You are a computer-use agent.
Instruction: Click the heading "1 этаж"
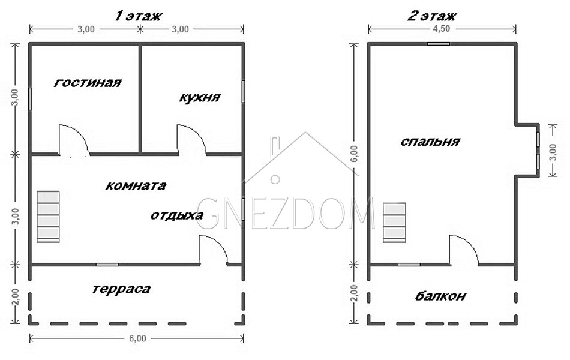(138, 16)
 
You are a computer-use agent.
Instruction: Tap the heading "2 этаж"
(431, 16)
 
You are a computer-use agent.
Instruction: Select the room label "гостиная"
(88, 83)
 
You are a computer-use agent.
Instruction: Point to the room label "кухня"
(200, 98)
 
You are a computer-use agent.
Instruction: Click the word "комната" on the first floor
(136, 186)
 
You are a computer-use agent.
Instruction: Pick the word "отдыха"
(177, 215)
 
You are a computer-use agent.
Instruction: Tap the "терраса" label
(121, 289)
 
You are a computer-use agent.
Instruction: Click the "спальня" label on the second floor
(431, 141)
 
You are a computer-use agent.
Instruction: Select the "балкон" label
(440, 296)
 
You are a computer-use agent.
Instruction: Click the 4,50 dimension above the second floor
(442, 29)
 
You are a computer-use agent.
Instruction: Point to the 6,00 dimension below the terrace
(137, 338)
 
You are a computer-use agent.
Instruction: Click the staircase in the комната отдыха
(49, 217)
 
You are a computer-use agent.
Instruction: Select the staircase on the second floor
(394, 222)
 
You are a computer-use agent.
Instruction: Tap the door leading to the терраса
(213, 250)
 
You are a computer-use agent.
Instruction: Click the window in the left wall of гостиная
(30, 98)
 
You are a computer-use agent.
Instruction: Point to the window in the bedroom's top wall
(439, 44)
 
